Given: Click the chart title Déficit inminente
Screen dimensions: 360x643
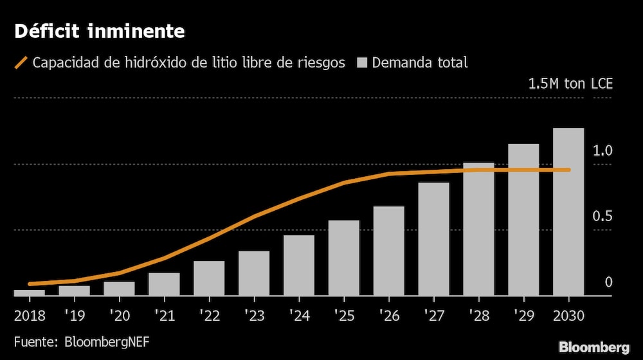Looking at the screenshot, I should (x=100, y=30).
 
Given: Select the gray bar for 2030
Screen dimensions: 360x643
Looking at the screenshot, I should (x=568, y=212).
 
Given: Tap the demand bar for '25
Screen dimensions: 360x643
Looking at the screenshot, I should (x=344, y=258).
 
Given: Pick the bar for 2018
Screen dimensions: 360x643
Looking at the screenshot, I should (x=30, y=292).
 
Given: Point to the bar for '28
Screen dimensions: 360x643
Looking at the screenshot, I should (x=478, y=229).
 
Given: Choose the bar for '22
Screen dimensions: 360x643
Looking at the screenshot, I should (x=209, y=278).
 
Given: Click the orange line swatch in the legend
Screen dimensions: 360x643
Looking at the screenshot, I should (x=21, y=63).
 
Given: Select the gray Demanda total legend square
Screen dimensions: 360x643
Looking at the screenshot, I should (x=362, y=63).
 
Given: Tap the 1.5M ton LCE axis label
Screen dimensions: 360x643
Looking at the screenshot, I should (x=570, y=84).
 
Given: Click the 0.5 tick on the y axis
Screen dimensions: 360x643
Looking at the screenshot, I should (x=603, y=216).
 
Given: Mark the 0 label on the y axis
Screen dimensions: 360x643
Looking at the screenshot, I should (x=608, y=282).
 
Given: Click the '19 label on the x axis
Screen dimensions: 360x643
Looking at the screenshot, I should (x=74, y=315).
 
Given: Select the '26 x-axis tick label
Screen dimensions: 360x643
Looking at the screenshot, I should (x=389, y=315).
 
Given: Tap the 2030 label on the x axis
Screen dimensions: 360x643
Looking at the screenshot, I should (x=568, y=315).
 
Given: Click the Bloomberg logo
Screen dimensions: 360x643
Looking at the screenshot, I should (x=593, y=348).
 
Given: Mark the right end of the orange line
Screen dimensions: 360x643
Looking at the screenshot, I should (x=569, y=170).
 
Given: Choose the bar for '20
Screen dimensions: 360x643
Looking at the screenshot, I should (x=119, y=289).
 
